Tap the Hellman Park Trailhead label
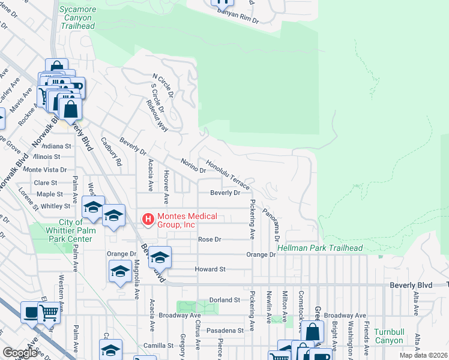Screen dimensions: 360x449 [320, 248]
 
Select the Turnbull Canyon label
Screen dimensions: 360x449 [388, 336]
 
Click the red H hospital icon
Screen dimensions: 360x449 [147, 220]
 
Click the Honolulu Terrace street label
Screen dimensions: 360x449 [228, 175]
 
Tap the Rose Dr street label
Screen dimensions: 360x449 [209, 239]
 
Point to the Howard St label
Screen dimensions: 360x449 [209, 269]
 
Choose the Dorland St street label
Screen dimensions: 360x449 [224, 299]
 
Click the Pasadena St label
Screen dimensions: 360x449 [223, 330]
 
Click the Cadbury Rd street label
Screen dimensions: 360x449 [112, 152]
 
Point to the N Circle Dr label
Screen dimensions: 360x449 [163, 86]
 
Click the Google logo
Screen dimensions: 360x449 [20, 353]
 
